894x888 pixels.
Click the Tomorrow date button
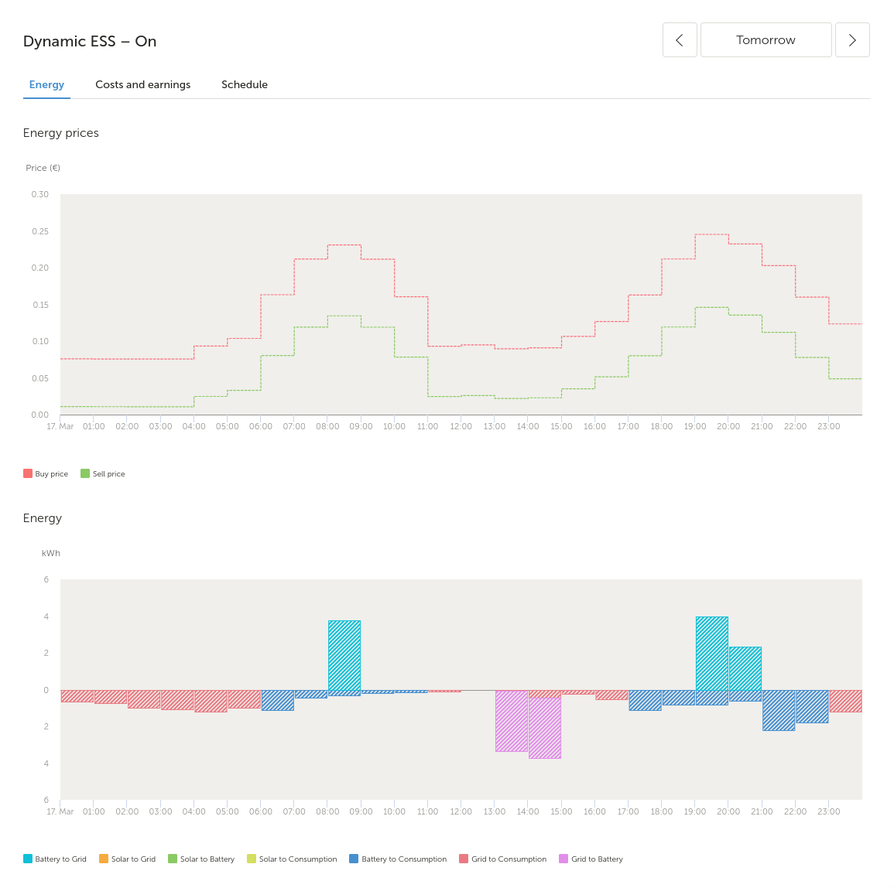(766, 40)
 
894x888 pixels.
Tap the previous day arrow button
(680, 40)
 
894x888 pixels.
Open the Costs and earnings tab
(142, 84)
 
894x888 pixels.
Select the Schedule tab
(244, 84)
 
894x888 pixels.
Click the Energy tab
(46, 84)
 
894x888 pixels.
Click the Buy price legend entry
(46, 473)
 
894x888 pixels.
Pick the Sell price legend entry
(103, 473)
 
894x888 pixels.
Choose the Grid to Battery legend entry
(591, 859)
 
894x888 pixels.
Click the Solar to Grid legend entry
(127, 859)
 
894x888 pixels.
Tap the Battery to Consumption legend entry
(398, 859)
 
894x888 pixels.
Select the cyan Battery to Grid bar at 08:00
(344, 655)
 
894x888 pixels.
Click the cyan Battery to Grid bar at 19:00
(712, 654)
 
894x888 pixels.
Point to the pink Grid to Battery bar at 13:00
(512, 721)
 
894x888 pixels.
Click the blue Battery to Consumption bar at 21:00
(779, 710)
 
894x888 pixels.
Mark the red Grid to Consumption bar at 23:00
(845, 701)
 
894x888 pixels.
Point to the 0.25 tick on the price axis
(40, 231)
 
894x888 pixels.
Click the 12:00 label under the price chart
(461, 426)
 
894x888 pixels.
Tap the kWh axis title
(51, 553)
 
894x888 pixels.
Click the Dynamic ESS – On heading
(90, 41)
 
